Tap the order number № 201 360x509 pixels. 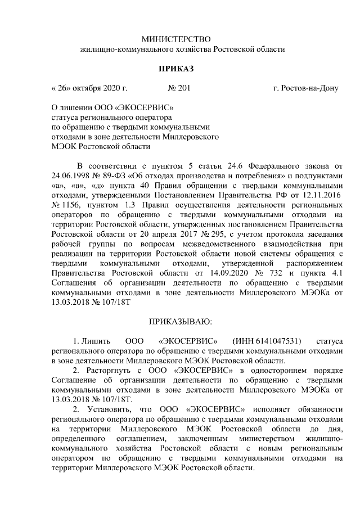tap(179, 89)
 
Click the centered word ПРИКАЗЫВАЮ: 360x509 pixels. tap(180, 322)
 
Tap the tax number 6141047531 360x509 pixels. tap(272, 341)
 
